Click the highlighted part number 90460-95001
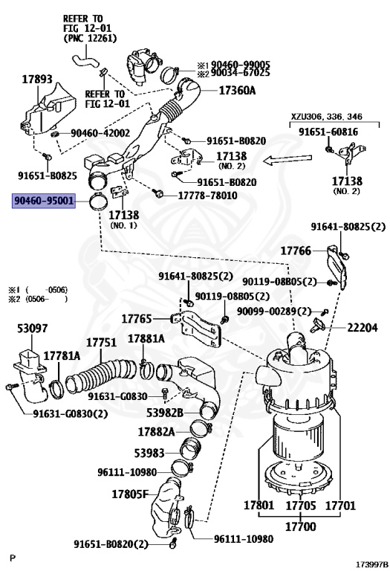[42, 200]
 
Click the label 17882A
[156, 431]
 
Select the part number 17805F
[131, 493]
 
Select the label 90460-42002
[100, 133]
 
